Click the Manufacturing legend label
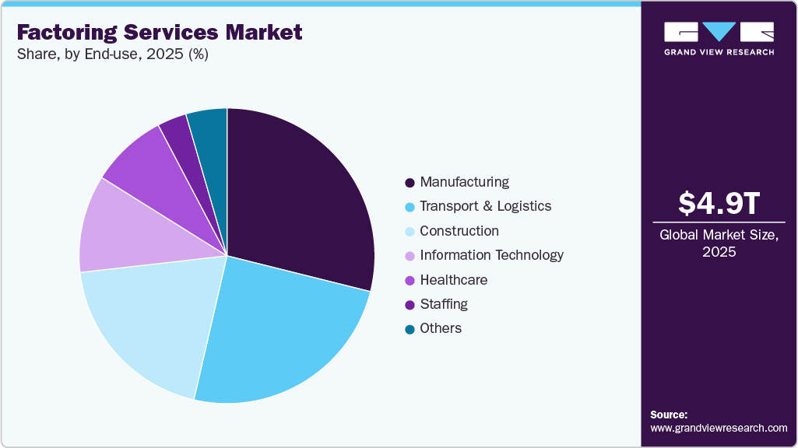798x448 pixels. pyautogui.click(x=464, y=182)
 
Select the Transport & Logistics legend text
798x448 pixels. pyautogui.click(x=485, y=206)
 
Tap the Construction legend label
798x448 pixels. pyautogui.click(x=459, y=231)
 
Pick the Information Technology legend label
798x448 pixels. pyautogui.click(x=491, y=255)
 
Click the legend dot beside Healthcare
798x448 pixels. pyautogui.click(x=410, y=280)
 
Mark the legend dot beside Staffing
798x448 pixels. pyautogui.click(x=410, y=304)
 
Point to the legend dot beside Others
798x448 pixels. pyautogui.click(x=410, y=329)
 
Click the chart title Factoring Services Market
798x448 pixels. pyautogui.click(x=160, y=33)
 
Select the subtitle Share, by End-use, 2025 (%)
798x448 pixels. pyautogui.click(x=112, y=54)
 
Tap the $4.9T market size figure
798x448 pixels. pyautogui.click(x=719, y=204)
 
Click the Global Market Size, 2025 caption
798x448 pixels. pyautogui.click(x=719, y=243)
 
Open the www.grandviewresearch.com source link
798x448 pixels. pyautogui.click(x=719, y=428)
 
